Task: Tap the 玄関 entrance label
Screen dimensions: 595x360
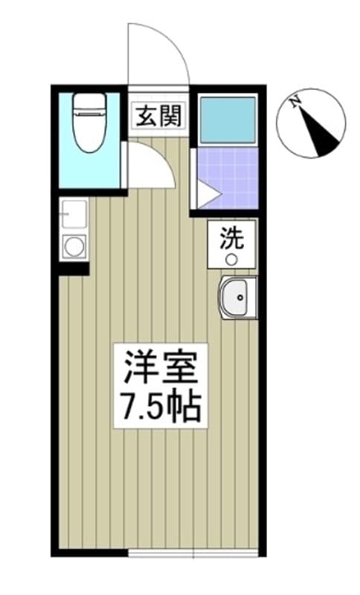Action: (x=158, y=117)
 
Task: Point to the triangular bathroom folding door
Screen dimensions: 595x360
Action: (x=207, y=195)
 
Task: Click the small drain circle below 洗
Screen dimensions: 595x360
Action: (x=231, y=260)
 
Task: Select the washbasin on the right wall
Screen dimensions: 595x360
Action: (x=237, y=297)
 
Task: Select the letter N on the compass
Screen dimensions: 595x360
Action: (x=296, y=103)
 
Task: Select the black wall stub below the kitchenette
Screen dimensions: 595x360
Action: (x=74, y=269)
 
